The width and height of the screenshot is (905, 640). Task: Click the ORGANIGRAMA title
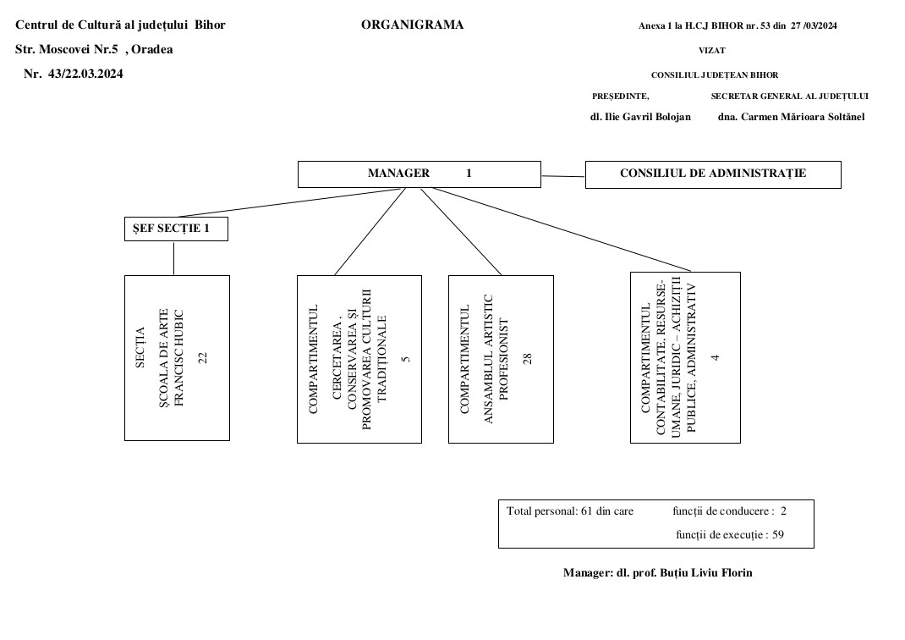(x=412, y=25)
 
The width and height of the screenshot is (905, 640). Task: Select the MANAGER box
(x=420, y=174)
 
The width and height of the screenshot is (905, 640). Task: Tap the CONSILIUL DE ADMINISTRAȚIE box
(x=712, y=174)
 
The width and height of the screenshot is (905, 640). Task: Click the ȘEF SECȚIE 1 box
(x=175, y=229)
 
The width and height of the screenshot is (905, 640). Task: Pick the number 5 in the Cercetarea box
(x=406, y=360)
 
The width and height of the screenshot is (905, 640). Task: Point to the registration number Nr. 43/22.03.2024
(x=74, y=74)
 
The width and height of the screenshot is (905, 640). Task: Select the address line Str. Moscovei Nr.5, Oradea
(x=94, y=49)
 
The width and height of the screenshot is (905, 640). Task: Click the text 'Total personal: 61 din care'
(x=570, y=511)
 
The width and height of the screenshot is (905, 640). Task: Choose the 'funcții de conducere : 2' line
(x=729, y=511)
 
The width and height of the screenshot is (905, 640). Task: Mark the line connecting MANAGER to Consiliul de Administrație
(x=562, y=176)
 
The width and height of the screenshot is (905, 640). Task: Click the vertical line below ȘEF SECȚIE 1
(x=174, y=258)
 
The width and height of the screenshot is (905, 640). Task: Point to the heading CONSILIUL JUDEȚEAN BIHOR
(x=715, y=75)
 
